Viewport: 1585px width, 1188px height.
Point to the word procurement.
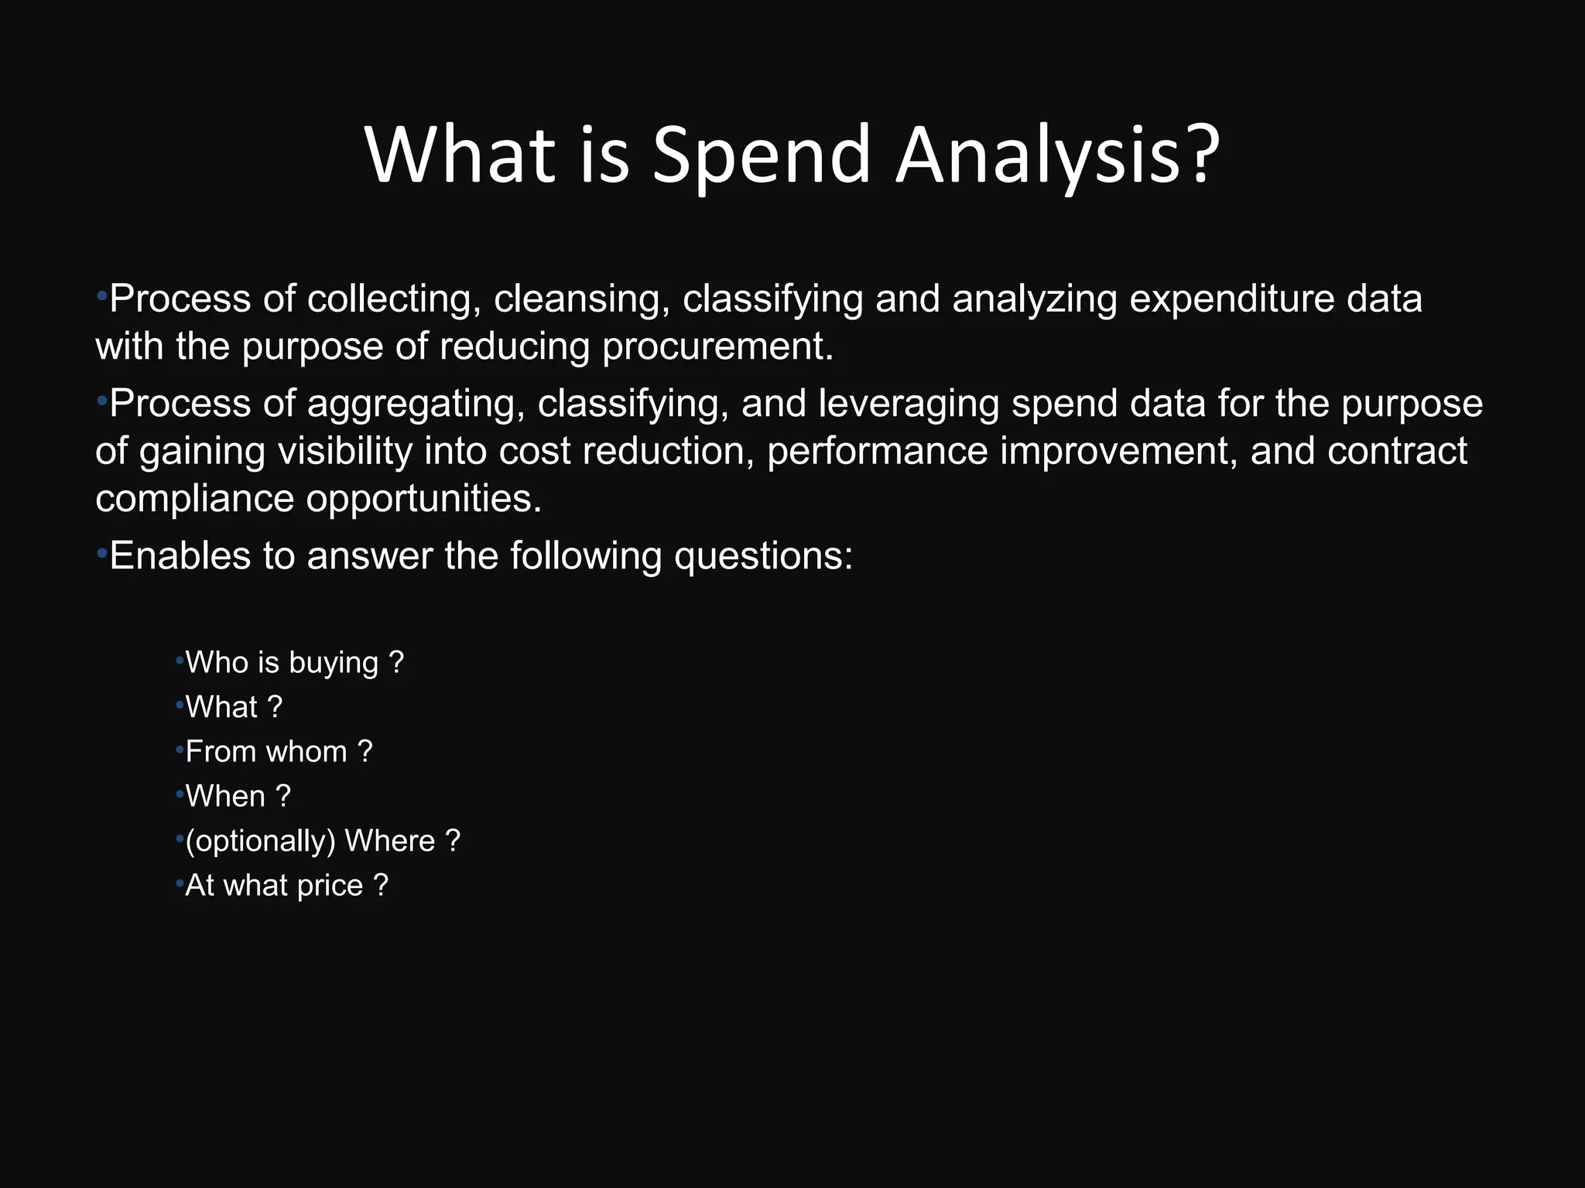tap(717, 346)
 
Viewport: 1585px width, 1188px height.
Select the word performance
tap(877, 451)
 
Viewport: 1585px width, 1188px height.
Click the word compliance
tap(194, 498)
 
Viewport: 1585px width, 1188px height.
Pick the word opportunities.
tap(423, 498)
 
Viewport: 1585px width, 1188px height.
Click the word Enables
tap(180, 556)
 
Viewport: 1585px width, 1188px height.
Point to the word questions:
tap(763, 556)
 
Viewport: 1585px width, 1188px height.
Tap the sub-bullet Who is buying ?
tap(294, 663)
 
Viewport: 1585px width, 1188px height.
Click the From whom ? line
tap(279, 752)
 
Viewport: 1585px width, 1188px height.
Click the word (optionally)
tap(260, 841)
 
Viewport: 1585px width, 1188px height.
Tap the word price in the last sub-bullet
tap(330, 886)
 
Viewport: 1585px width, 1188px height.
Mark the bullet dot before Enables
tap(101, 554)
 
